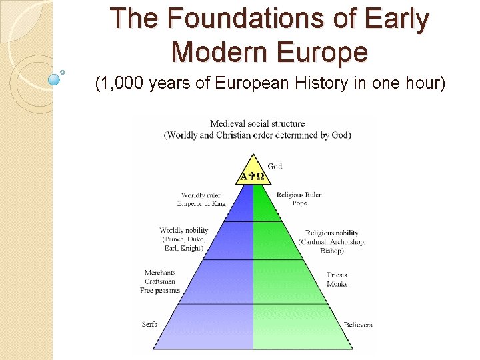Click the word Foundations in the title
[225, 19]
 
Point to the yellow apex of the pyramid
[253, 171]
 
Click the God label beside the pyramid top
[275, 166]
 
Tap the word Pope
[299, 203]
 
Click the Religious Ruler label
[299, 195]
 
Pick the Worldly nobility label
[184, 231]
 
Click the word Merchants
[160, 273]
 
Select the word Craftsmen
[160, 281]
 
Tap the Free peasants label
[160, 290]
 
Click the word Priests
[337, 275]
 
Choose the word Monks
[337, 284]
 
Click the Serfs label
[150, 325]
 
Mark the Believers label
[358, 325]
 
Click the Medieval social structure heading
[257, 123]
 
